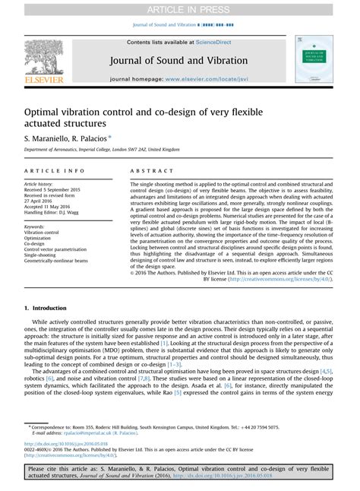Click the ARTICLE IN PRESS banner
pyautogui.click(x=179, y=8)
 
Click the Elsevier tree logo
pyautogui.click(x=43, y=59)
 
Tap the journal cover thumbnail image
pyautogui.click(x=314, y=59)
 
